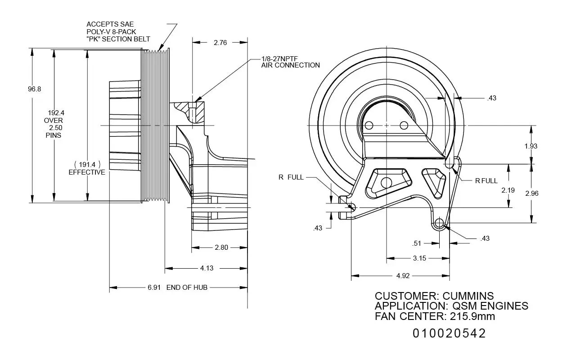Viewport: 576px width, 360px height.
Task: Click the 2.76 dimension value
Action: point(220,43)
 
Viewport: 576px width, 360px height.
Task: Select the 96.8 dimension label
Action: point(34,89)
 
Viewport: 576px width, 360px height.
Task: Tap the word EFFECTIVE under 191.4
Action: point(87,172)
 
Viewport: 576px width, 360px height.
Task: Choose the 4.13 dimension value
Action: point(207,268)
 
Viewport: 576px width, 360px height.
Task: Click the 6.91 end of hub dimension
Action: point(154,287)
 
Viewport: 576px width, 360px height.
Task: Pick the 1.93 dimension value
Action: point(531,146)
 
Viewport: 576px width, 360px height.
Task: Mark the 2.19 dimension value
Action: point(508,190)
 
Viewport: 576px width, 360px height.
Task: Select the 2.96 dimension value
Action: point(531,193)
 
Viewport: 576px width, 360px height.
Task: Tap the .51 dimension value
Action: point(417,243)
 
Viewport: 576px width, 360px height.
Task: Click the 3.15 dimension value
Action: point(419,258)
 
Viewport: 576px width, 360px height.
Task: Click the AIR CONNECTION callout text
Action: point(290,65)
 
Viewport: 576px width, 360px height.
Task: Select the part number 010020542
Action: point(449,333)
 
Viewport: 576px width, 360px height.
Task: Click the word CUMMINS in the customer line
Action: point(468,296)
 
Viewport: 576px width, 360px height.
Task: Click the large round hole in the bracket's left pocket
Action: point(386,183)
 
